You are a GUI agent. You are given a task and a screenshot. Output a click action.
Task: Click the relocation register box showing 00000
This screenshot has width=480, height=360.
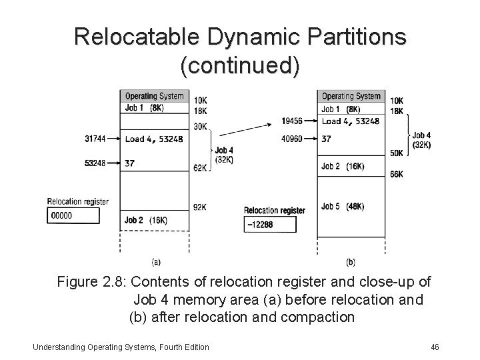pyautogui.click(x=74, y=215)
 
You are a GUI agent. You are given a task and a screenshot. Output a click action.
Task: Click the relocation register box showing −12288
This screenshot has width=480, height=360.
pyautogui.click(x=270, y=224)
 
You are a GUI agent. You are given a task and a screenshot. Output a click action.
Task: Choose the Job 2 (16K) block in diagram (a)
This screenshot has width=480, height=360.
pyautogui.click(x=154, y=220)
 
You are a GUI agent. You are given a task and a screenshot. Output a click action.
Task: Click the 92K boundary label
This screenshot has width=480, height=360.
pyautogui.click(x=200, y=207)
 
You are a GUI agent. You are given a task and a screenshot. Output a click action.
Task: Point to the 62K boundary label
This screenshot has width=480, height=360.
pyautogui.click(x=199, y=169)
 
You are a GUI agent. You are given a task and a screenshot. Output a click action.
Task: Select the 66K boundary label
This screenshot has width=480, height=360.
pyautogui.click(x=395, y=175)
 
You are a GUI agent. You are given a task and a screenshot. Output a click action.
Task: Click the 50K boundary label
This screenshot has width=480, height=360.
pyautogui.click(x=395, y=153)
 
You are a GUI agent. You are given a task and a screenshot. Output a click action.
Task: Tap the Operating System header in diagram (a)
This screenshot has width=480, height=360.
pyautogui.click(x=154, y=96)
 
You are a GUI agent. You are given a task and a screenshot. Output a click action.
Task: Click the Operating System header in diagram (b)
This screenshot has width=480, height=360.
pyautogui.click(x=351, y=96)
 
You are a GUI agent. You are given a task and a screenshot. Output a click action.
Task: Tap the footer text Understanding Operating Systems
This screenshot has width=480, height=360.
pyautogui.click(x=100, y=347)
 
